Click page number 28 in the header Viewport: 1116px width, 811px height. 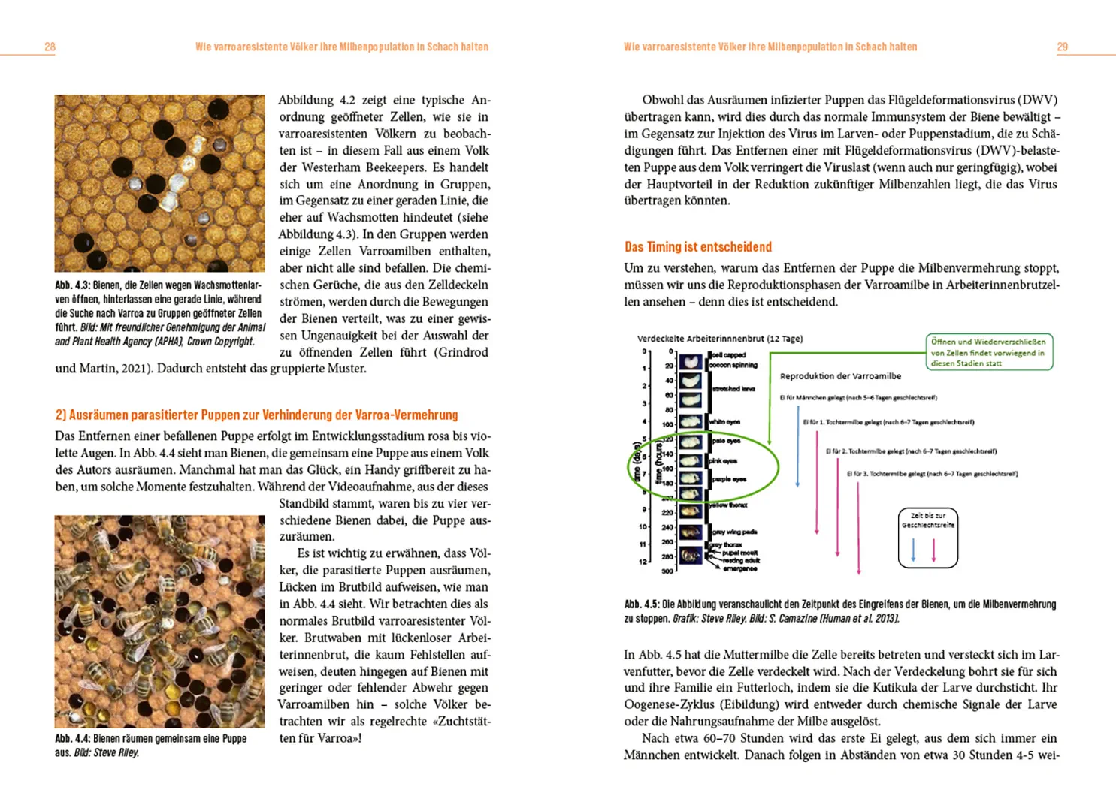[x=50, y=47]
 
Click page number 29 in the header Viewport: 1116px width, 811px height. [x=1062, y=47]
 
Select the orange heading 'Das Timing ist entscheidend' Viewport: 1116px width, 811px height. [x=698, y=247]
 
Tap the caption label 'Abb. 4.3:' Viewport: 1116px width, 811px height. [x=73, y=285]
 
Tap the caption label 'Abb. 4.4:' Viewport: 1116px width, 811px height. [x=73, y=739]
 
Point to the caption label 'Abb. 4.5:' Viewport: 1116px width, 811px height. [x=642, y=604]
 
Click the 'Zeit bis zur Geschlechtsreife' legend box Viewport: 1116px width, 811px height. [x=928, y=538]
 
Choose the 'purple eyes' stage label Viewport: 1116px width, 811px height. [x=728, y=479]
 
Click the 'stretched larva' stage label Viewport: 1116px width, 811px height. [x=733, y=389]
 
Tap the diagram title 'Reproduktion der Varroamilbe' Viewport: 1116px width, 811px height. [x=840, y=376]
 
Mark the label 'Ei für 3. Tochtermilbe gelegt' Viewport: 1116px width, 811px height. [x=932, y=474]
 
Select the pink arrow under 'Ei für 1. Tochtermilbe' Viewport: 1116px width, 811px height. [x=817, y=481]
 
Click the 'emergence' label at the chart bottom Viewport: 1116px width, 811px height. [x=739, y=569]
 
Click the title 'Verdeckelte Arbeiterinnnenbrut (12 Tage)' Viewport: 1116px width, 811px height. [x=719, y=339]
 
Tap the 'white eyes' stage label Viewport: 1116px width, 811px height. [x=726, y=422]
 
